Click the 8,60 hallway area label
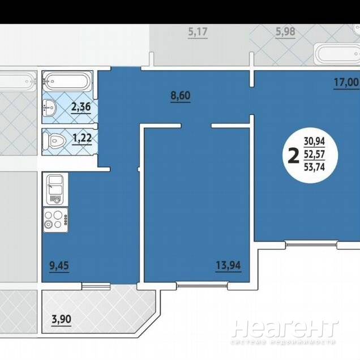click(x=181, y=96)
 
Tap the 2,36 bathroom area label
click(x=81, y=107)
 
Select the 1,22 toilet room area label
click(x=82, y=138)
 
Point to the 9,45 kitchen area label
click(x=59, y=265)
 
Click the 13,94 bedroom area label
click(x=228, y=265)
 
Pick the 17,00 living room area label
click(x=346, y=82)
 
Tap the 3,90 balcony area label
click(x=61, y=319)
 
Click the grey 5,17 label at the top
click(x=198, y=32)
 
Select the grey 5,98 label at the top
click(x=285, y=32)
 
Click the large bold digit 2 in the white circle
click(x=293, y=156)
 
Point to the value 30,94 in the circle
click(x=314, y=141)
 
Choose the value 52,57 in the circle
click(x=314, y=155)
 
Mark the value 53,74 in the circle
click(x=314, y=167)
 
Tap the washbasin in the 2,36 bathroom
click(x=49, y=108)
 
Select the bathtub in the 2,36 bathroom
click(x=67, y=81)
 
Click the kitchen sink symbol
click(x=55, y=190)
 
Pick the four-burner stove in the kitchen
click(x=55, y=220)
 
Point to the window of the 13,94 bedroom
click(x=202, y=286)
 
